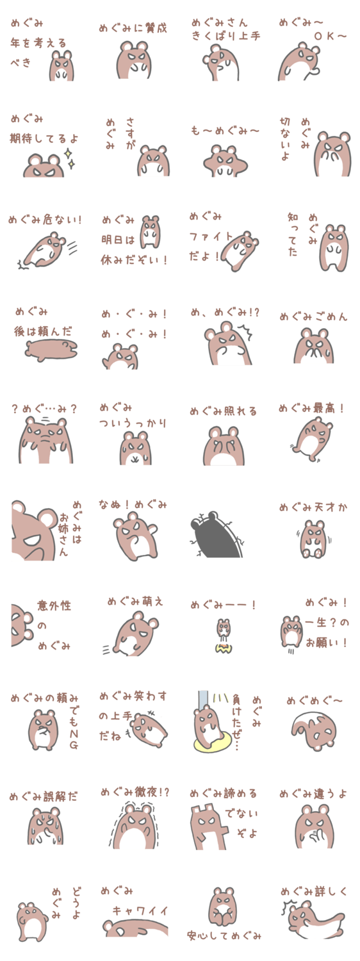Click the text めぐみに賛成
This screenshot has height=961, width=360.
133,29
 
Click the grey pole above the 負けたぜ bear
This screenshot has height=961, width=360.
202,702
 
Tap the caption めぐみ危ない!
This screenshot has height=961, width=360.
45,220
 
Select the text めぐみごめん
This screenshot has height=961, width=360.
313,317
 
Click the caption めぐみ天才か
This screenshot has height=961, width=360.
313,507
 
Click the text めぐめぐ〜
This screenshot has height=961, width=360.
315,701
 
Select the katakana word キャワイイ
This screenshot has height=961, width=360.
140,911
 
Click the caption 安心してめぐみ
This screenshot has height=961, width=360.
224,935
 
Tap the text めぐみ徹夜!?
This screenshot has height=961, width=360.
135,792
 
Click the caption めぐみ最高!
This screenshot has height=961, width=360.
312,408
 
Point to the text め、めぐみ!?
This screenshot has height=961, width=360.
225,313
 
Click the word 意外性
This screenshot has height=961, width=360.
54,606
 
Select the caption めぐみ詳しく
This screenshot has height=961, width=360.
314,892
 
